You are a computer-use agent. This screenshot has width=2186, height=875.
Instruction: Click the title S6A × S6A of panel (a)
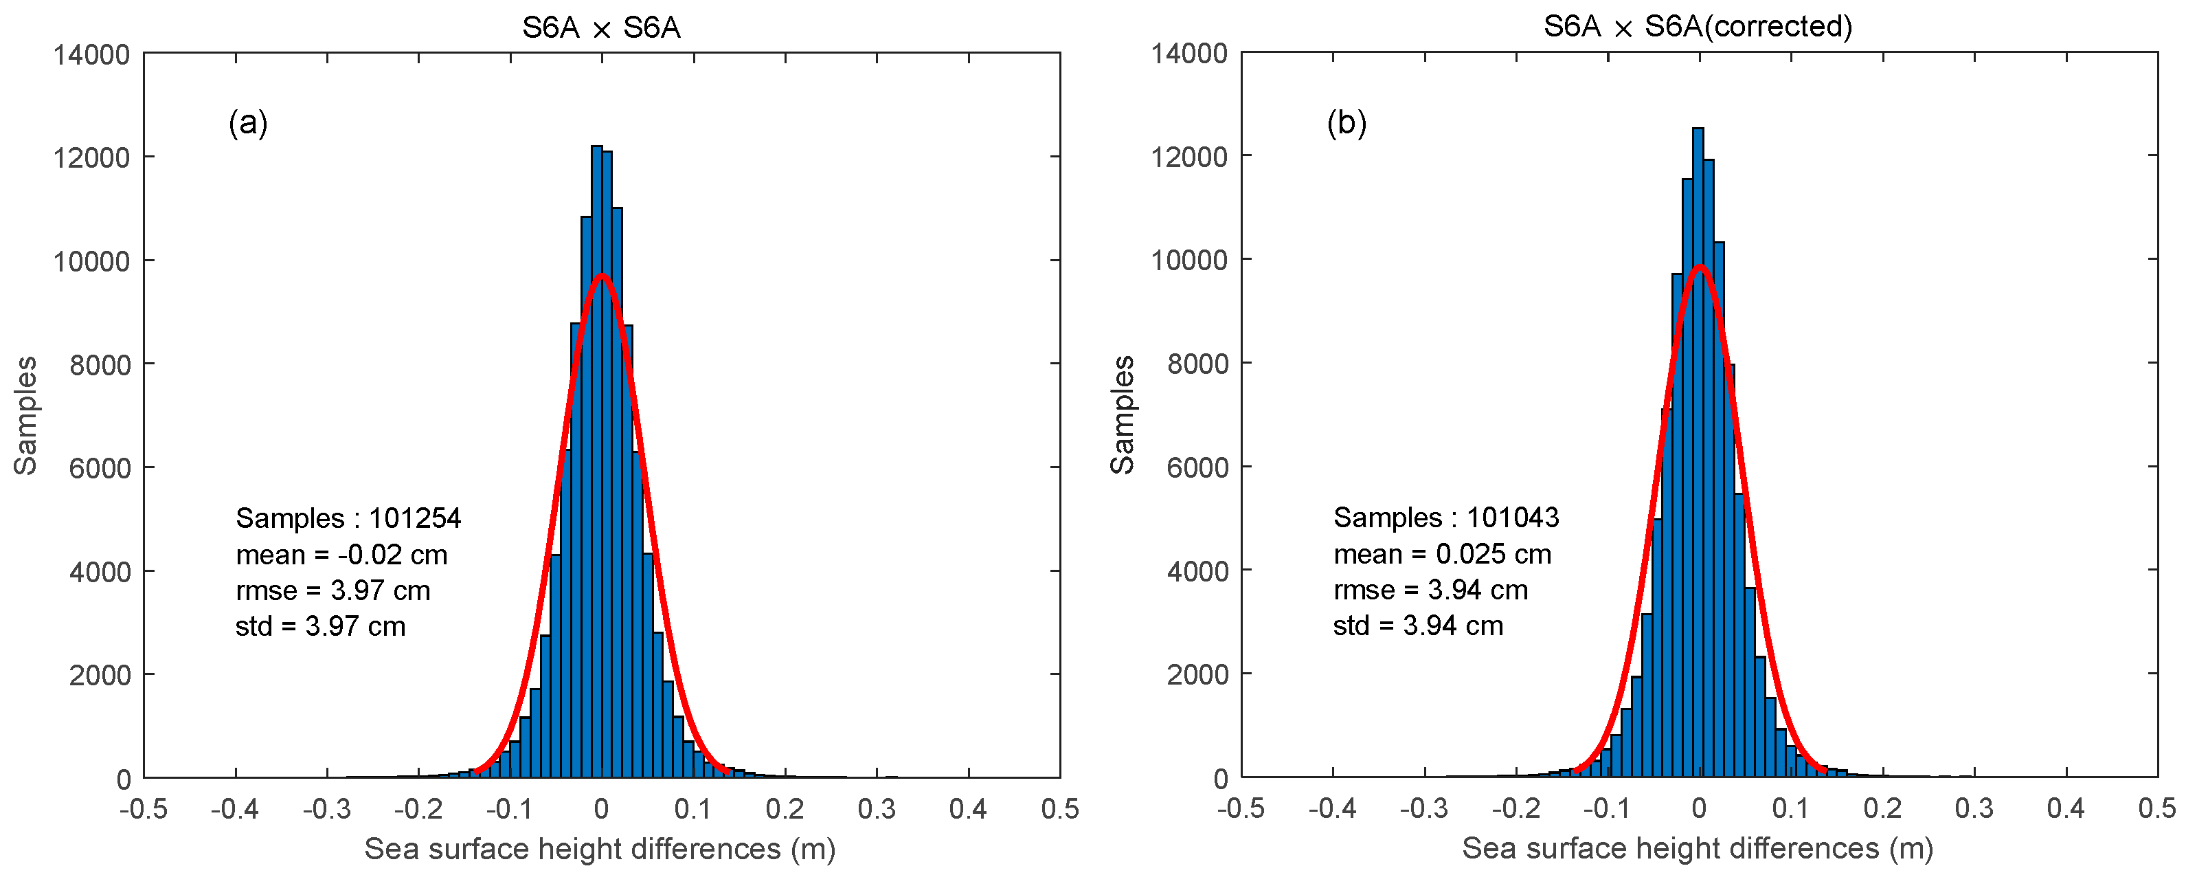click(601, 28)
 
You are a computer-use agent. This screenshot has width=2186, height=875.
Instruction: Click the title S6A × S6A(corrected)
click(1697, 26)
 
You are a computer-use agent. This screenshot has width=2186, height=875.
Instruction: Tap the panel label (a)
click(248, 123)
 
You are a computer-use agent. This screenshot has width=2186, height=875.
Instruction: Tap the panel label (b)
click(1346, 123)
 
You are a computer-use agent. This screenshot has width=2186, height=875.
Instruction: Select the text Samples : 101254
click(348, 518)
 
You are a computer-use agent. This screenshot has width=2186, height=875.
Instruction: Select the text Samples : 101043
click(1446, 517)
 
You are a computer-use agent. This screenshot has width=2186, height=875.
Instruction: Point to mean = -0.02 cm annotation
click(341, 554)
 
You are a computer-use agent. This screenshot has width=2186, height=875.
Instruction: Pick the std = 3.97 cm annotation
click(320, 626)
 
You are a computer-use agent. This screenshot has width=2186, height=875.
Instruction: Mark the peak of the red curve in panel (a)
click(602, 275)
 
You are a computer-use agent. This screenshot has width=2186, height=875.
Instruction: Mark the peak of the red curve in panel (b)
click(1700, 267)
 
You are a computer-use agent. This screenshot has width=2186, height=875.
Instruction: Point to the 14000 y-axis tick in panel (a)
click(91, 55)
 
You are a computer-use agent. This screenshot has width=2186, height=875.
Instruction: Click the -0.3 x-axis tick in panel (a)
click(327, 809)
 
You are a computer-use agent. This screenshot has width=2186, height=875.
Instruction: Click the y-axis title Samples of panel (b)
click(1122, 415)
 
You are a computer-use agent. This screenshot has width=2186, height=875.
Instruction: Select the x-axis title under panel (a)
click(600, 849)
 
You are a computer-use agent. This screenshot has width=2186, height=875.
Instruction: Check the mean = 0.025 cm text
click(1442, 554)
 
